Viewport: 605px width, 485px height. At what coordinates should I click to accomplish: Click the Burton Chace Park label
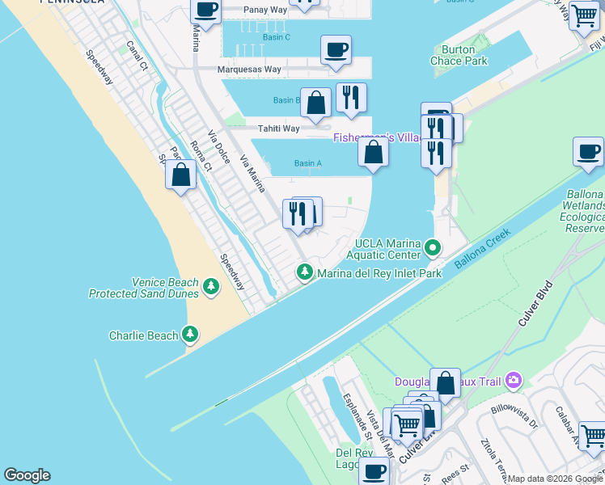459,55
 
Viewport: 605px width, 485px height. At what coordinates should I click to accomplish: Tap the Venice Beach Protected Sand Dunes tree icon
211,286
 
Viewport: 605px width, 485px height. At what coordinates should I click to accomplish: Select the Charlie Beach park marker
190,333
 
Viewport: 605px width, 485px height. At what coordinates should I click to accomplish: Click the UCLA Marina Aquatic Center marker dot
434,247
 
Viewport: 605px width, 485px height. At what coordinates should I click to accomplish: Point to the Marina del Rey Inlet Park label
379,273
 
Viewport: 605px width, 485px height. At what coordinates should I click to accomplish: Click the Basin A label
308,163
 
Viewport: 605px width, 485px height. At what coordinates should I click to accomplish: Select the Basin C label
276,37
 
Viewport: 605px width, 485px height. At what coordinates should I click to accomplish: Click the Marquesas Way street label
249,70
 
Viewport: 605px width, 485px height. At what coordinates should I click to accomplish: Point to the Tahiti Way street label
278,129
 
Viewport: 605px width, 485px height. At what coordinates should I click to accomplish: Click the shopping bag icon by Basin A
373,152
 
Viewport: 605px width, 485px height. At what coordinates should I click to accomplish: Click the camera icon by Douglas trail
513,380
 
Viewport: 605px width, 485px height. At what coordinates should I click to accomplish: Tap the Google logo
27,475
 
